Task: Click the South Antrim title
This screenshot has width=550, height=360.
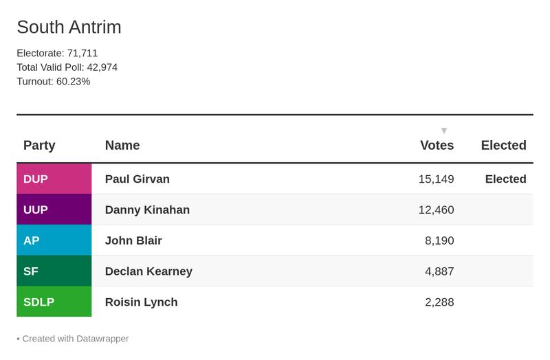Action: pos(69,27)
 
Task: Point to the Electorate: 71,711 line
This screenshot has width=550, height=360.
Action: pos(57,53)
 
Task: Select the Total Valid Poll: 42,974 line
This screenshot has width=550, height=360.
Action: pos(67,67)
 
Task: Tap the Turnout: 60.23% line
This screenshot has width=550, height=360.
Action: pos(53,81)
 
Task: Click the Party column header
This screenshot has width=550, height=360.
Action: pos(39,145)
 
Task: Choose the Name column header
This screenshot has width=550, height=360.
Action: pos(122,145)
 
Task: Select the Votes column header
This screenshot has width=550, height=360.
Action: pos(437,145)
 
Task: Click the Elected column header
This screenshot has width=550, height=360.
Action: pos(503,145)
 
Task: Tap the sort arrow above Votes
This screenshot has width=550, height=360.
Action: pos(444,131)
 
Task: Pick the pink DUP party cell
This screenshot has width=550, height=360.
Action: pos(54,179)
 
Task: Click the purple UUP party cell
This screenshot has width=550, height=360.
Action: pos(54,210)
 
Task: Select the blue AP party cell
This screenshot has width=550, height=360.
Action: pos(54,240)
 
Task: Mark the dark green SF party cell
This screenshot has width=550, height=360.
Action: pos(54,271)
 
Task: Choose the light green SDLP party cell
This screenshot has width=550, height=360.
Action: pos(54,302)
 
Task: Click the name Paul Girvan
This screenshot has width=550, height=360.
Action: pos(137,179)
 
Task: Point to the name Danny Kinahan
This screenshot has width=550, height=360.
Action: pos(147,210)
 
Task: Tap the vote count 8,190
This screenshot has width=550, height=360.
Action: pos(439,240)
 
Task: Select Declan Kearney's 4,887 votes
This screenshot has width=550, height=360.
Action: pos(439,271)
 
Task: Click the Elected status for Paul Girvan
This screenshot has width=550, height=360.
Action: pos(505,179)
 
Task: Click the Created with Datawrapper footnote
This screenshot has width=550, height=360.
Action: pos(73,338)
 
